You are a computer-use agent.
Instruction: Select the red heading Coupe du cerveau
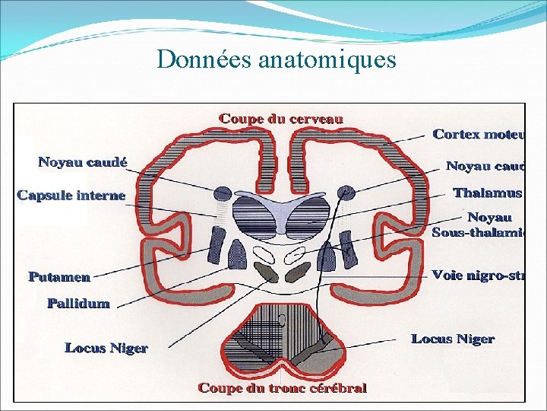[281, 119]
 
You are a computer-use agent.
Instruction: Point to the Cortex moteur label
[478, 135]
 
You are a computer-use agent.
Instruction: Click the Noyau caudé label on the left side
[83, 162]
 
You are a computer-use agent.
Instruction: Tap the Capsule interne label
[71, 196]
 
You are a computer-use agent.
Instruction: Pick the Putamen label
[59, 277]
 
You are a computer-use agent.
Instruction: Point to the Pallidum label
[78, 304]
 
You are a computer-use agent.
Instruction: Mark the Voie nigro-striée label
[478, 275]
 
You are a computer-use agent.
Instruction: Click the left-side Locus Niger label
[106, 348]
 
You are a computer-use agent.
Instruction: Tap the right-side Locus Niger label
[453, 339]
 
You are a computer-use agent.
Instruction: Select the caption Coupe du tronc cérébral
[282, 388]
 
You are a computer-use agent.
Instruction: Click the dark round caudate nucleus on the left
[223, 193]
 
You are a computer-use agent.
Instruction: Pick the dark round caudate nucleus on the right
[346, 193]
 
